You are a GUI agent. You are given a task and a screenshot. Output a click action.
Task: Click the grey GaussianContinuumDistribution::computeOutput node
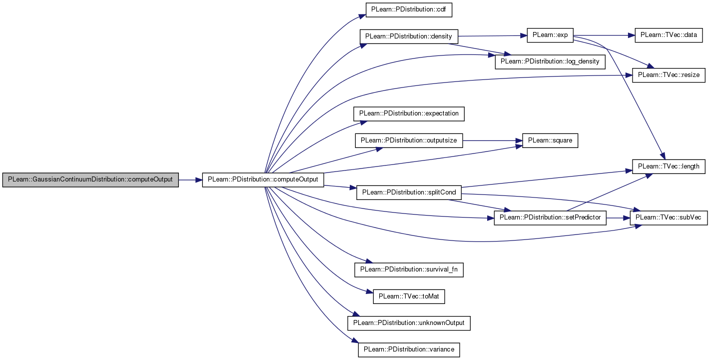tap(90, 180)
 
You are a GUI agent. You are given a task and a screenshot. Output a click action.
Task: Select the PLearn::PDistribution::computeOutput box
tap(263, 180)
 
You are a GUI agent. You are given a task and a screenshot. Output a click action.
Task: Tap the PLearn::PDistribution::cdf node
tap(409, 10)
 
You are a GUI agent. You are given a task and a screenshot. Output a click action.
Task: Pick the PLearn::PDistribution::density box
tap(409, 36)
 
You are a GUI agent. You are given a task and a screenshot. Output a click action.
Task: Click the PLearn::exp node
tap(550, 35)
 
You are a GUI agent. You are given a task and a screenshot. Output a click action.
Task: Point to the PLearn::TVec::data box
tap(669, 35)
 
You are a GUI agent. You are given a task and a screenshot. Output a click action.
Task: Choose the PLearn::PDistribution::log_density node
tap(550, 62)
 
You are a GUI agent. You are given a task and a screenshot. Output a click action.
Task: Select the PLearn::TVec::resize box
tap(669, 75)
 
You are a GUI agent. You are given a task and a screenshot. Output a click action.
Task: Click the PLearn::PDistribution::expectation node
tap(409, 114)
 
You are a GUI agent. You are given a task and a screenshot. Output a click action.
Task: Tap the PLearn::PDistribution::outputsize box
tap(409, 140)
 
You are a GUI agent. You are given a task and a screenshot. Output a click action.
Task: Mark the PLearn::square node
tap(550, 140)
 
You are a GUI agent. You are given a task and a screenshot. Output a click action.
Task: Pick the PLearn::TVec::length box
tap(669, 166)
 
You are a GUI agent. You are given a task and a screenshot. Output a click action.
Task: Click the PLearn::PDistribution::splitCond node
tap(409, 192)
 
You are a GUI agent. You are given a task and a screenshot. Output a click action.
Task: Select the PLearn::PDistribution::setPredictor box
tap(550, 218)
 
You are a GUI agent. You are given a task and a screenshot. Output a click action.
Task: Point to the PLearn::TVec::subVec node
tap(669, 218)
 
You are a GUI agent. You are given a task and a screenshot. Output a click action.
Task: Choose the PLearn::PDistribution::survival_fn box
tap(409, 270)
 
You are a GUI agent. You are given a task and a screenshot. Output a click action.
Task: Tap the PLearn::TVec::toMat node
tap(409, 296)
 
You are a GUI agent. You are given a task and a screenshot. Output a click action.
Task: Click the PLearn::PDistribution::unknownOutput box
tap(409, 323)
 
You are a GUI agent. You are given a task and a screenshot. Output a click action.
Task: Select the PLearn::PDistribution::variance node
tap(409, 350)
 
